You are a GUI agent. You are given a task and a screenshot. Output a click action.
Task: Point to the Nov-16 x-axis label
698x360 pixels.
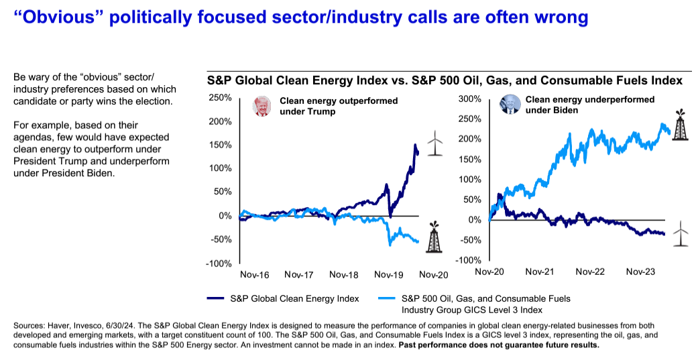(255, 275)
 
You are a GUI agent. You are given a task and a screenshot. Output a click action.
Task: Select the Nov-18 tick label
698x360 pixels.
(344, 275)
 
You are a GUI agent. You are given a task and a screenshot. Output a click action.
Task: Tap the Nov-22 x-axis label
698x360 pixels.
(590, 272)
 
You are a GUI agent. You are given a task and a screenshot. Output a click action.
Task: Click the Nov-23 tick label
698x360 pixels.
(640, 272)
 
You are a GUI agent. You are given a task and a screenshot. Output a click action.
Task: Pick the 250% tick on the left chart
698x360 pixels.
(221, 98)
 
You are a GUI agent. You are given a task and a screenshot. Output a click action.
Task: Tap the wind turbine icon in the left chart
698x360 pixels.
(435, 143)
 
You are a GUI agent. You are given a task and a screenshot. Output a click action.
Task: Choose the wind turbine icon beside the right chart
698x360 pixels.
(681, 234)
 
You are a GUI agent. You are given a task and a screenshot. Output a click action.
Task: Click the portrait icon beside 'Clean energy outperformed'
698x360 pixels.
(260, 106)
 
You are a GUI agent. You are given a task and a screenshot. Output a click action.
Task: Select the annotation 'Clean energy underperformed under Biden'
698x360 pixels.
(580, 105)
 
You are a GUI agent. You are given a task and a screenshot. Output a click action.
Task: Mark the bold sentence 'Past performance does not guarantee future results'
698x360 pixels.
(499, 345)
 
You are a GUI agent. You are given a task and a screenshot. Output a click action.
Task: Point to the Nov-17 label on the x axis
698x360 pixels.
(300, 275)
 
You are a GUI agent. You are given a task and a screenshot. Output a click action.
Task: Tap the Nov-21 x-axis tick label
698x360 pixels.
(540, 272)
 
